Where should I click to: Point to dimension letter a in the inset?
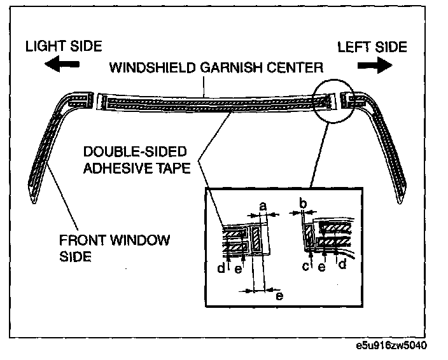coord(263,205)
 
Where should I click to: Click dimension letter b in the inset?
coord(303,204)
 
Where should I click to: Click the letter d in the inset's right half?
coord(342,265)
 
